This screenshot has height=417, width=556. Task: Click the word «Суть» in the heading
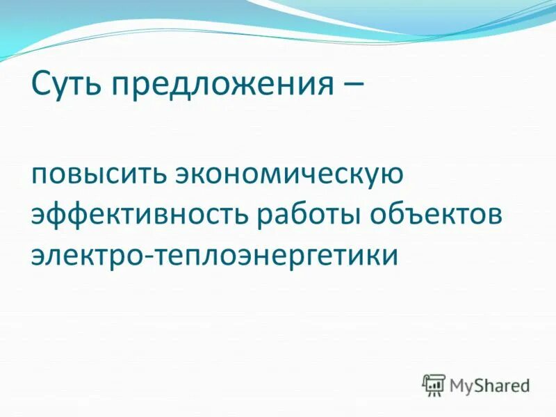click(65, 85)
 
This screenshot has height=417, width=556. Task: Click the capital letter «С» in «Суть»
click(41, 85)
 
